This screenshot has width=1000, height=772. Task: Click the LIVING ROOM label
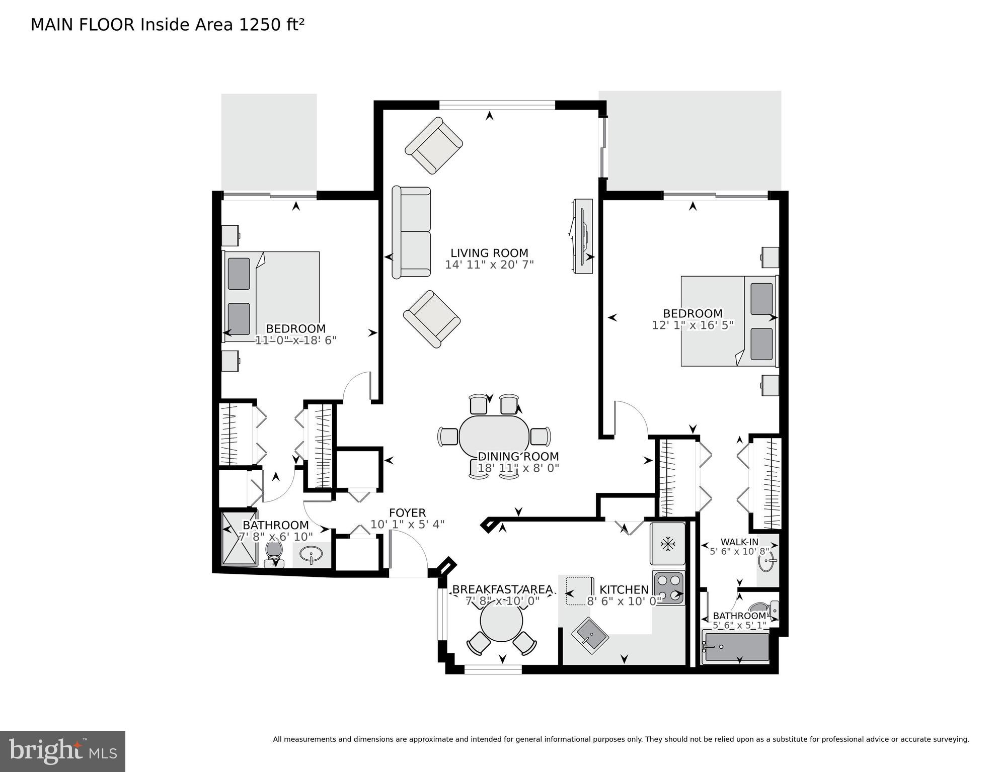coord(489,253)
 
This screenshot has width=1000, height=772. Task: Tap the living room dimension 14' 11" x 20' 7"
coord(489,265)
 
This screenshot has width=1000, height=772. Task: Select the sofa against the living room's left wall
coord(411,232)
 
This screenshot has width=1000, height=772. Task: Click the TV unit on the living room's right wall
coord(583,236)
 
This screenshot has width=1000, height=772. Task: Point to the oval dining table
coord(494,436)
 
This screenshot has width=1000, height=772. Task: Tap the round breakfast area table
coord(501,622)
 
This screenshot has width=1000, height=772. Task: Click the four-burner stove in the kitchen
coord(669,587)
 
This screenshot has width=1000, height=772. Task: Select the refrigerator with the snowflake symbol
coord(667,543)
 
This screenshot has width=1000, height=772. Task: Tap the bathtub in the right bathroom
coord(737,647)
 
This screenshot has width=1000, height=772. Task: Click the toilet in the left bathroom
coord(274,552)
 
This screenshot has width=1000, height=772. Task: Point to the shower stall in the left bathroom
coord(240,539)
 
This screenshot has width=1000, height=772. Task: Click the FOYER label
coord(407,512)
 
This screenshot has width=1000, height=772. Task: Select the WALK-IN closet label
coord(739,542)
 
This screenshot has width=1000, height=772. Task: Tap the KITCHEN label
coord(624,589)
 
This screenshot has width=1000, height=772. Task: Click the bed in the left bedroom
coord(272,296)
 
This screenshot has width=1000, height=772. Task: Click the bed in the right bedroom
coord(729,320)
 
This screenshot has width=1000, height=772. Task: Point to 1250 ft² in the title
coord(271,25)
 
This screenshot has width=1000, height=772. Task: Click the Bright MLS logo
coord(62,751)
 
